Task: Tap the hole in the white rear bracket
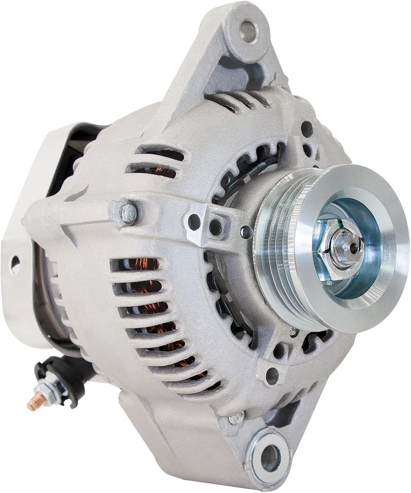15,264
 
